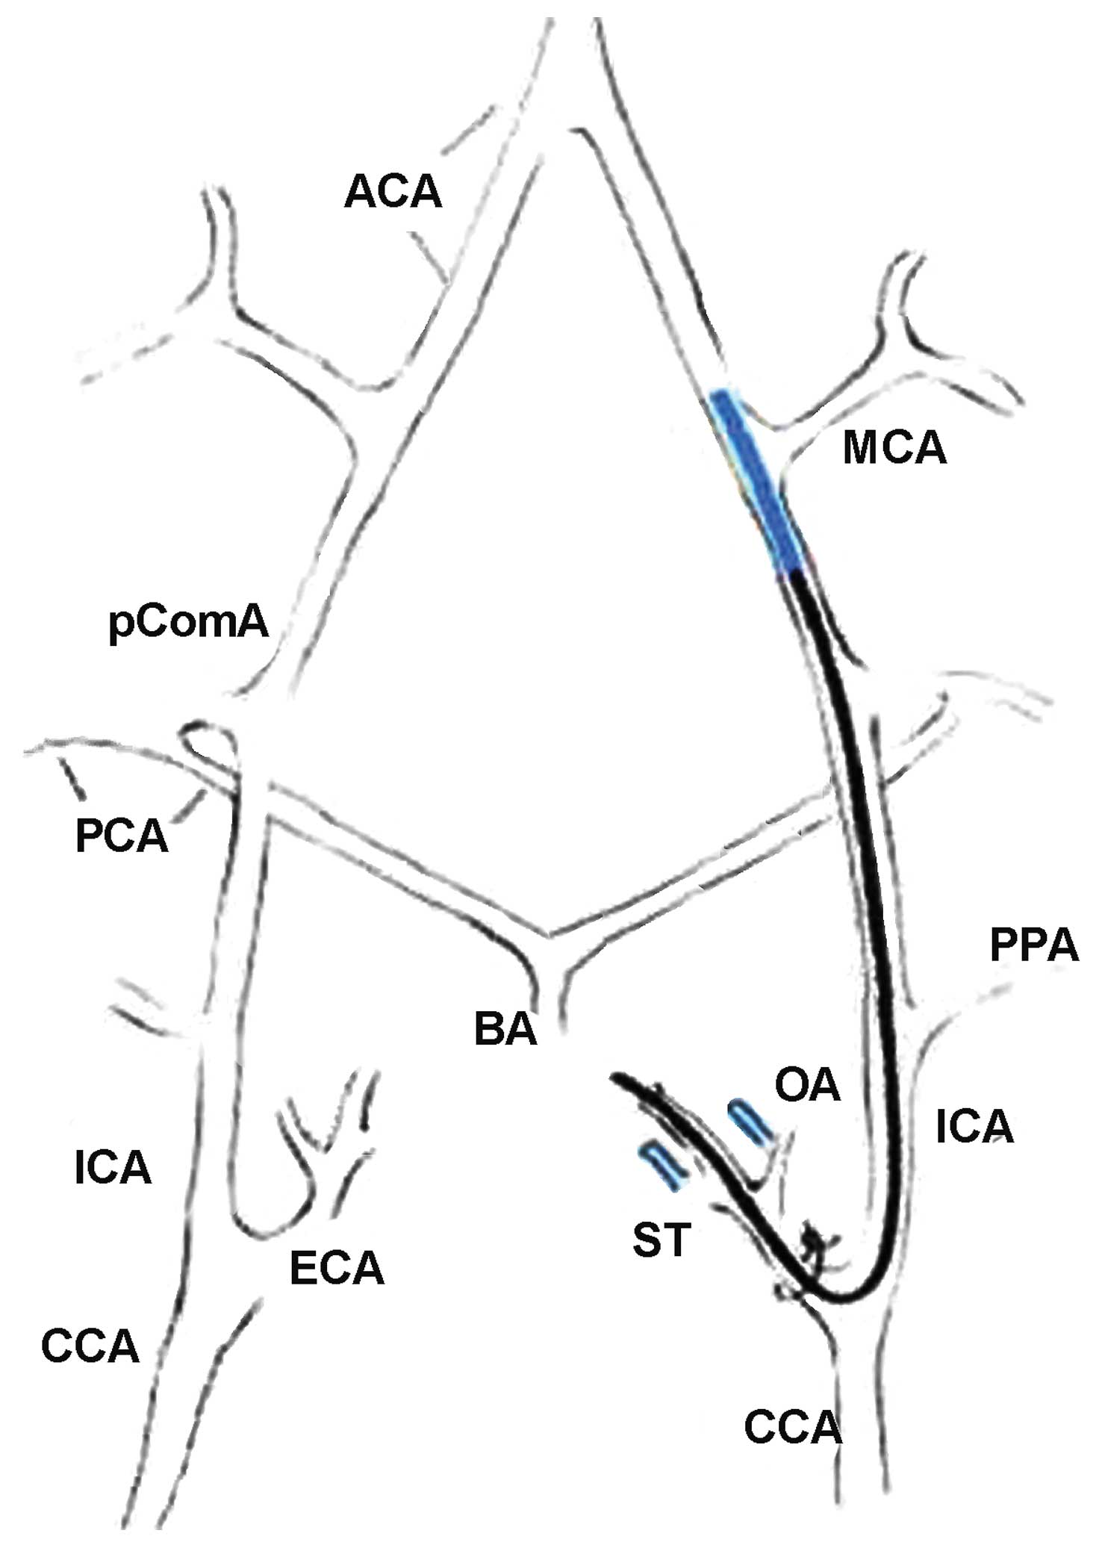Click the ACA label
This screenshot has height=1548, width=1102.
pos(393,193)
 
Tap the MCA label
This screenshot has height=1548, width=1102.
pos(894,449)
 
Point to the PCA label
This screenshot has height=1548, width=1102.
pos(122,836)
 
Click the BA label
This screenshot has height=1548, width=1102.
pos(505,1029)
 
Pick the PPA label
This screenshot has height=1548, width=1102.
pos(1034,945)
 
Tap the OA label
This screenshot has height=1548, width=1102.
pos(808,1086)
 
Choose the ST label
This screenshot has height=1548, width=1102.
pos(661,1240)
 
